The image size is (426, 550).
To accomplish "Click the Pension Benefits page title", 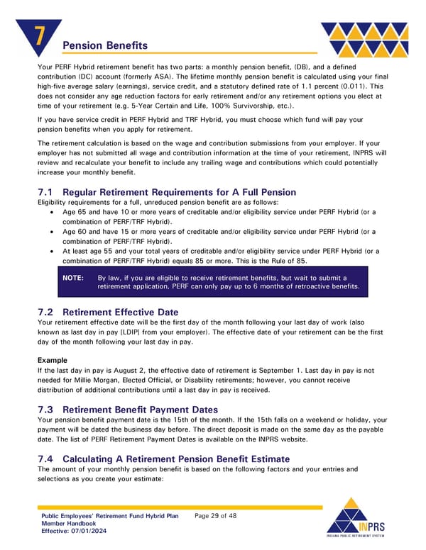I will click(x=102, y=46).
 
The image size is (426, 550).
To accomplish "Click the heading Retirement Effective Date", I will click(x=124, y=311).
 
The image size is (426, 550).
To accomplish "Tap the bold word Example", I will click(x=53, y=360).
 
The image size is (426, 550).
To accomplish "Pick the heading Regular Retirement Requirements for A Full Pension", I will click(x=179, y=192).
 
